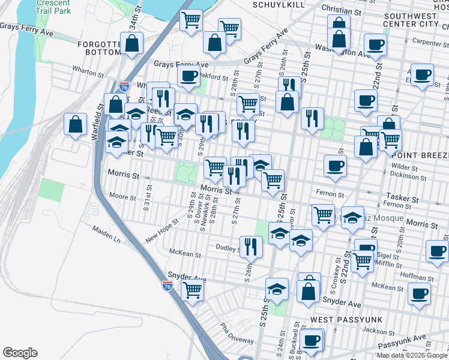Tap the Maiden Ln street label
[106, 235]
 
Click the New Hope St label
[162, 231]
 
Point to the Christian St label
[342, 11]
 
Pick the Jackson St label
[379, 330]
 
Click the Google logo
[20, 353]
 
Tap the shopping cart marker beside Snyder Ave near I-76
[193, 290]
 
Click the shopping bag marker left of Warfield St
[76, 125]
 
